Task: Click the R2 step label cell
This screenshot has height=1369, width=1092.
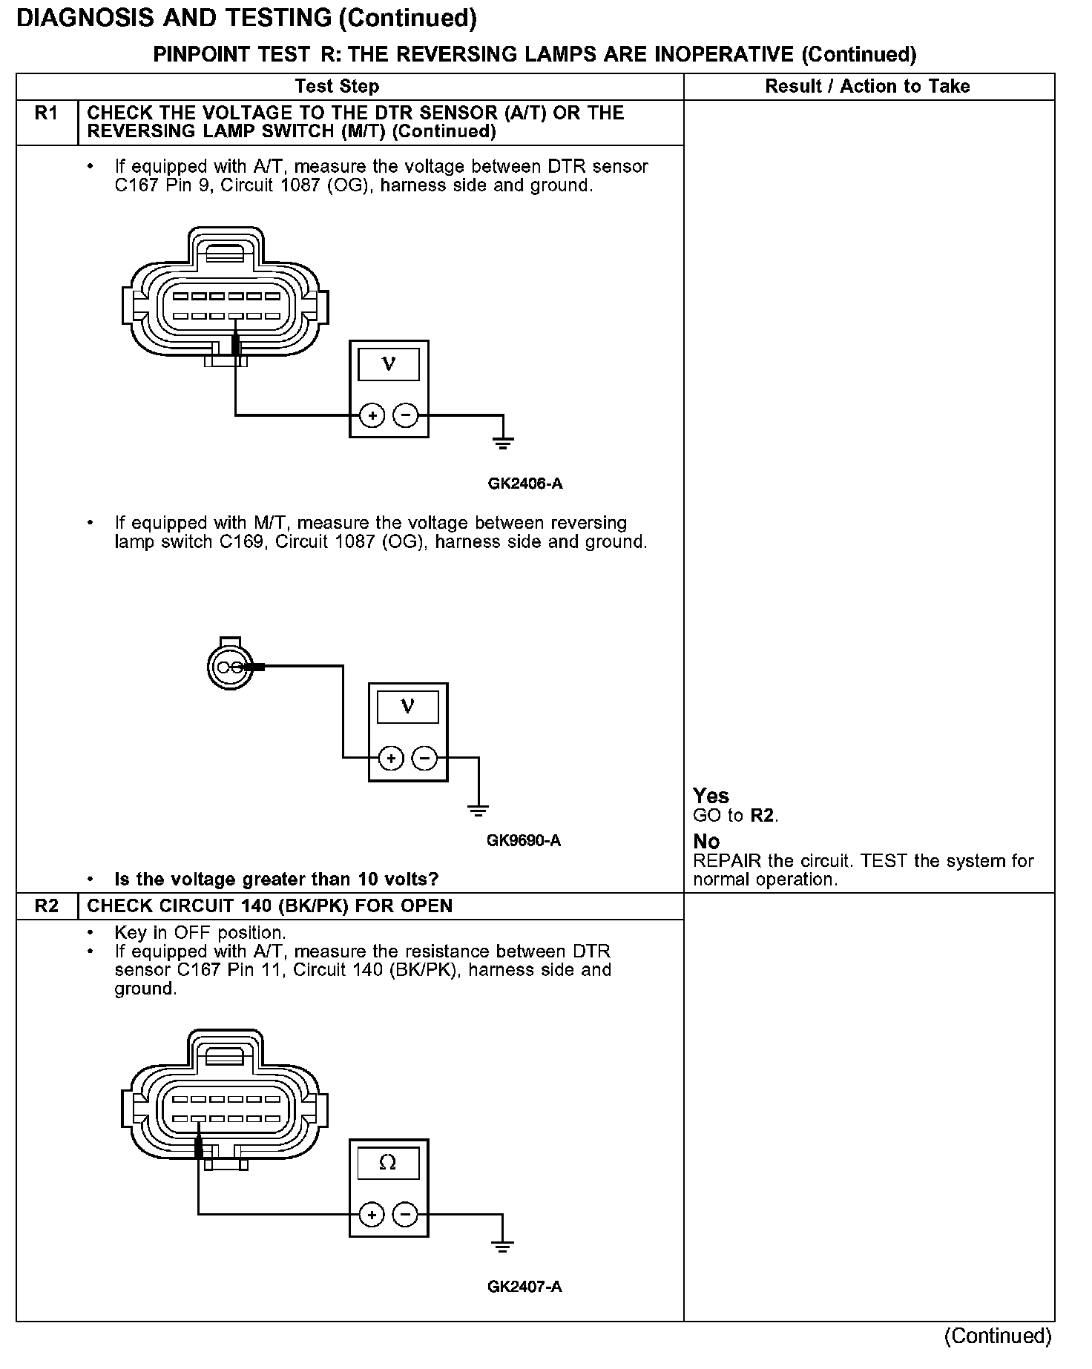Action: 47,906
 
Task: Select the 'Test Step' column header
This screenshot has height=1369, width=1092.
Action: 337,87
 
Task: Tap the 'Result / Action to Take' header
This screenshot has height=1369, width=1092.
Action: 867,87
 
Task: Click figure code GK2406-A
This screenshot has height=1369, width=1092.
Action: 524,484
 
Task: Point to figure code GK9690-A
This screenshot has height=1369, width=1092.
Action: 524,841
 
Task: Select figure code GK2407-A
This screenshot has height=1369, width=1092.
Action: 524,1287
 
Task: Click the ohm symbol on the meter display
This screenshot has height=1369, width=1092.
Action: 388,1164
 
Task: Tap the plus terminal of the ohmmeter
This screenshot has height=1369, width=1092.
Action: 371,1215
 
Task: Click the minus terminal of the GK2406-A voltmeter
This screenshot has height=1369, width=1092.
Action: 405,415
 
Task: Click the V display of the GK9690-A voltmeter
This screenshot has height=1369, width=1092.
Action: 407,707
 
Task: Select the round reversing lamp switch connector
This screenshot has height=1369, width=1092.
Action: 227,665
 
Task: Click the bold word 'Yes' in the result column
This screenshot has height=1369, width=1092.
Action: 711,796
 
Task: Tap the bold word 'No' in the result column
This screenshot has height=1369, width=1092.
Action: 706,842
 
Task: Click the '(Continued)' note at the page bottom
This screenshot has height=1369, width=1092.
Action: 998,1336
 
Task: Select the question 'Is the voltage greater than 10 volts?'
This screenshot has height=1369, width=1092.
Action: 277,880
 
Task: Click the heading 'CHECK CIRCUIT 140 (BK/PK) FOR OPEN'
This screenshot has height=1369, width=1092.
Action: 270,906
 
